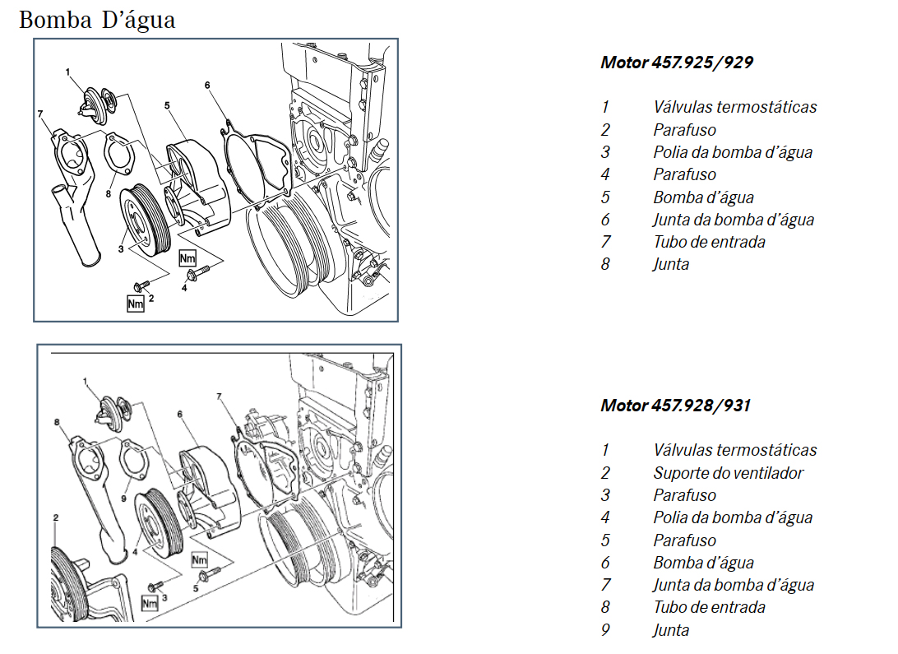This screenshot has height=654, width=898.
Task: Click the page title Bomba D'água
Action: pos(97,20)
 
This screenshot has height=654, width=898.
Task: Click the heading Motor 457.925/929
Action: pos(676,63)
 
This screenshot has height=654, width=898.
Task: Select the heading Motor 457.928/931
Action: pos(675,406)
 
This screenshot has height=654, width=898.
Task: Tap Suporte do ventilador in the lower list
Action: pos(728,473)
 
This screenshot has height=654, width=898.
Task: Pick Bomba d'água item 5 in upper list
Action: pos(703,197)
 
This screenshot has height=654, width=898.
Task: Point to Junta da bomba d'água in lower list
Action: pos(734,586)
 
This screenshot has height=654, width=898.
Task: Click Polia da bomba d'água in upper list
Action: pos(733,152)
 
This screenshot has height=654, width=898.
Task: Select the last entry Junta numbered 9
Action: pos(671,631)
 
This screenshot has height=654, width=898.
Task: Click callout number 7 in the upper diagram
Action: pos(39,113)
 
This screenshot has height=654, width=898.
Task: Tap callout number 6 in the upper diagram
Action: pos(207,85)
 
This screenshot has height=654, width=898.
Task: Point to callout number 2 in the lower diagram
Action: pos(55,517)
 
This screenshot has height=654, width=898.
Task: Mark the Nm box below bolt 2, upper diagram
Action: pos(136,304)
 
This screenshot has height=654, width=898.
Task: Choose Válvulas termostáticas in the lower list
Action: pos(734,450)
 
